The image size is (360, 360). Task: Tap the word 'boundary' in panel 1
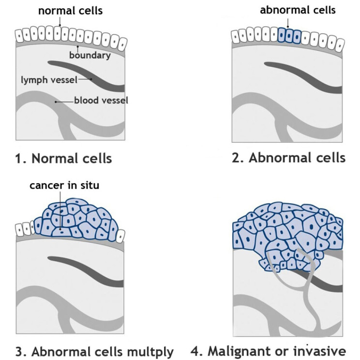(x=90, y=55)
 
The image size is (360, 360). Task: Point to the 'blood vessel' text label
(x=101, y=101)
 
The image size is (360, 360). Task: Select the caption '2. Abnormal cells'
(x=288, y=158)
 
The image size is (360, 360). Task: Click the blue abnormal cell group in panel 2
(x=289, y=35)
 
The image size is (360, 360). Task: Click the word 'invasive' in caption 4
(x=324, y=350)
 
